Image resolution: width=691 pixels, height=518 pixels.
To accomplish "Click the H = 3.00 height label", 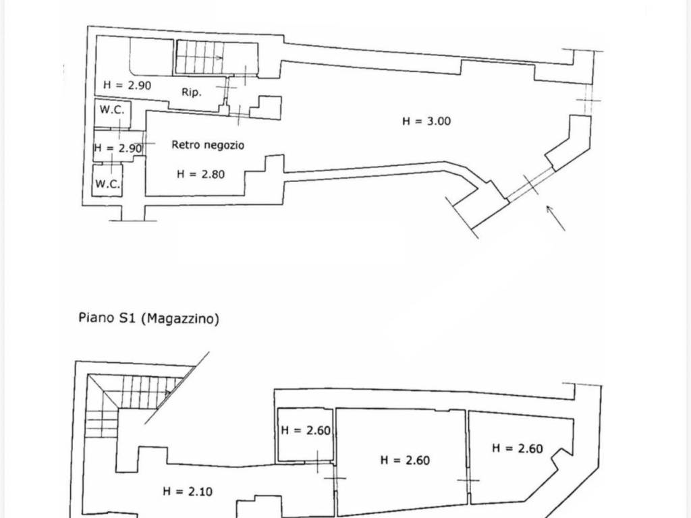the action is coord(426,121).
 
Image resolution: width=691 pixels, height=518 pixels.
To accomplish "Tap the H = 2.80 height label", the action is coord(200,175).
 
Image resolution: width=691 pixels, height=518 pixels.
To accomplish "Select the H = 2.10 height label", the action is coord(188,491).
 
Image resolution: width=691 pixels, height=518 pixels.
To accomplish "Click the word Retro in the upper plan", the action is coord(185,144).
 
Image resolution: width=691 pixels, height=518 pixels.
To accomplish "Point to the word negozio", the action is coord(223,145).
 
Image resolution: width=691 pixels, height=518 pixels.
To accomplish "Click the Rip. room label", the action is coord(191,92).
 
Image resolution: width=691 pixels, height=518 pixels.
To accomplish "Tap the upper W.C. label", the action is coord(112,110).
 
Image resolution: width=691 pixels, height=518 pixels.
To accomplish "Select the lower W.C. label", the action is coord(107,183).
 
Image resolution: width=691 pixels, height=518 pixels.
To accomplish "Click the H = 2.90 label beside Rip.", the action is coord(127,84).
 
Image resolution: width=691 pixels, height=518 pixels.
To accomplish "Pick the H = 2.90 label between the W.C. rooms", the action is coord(118,148).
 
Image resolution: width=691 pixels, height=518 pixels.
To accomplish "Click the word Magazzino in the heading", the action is coord(179,318).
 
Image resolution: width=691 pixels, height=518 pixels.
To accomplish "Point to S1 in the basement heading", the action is coord(127,318).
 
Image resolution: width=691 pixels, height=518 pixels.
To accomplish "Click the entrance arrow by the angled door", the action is coord(556,218).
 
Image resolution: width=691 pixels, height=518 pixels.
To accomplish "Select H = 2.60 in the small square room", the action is coord(306,430).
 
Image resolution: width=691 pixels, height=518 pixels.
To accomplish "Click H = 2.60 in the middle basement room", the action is coord(405,460).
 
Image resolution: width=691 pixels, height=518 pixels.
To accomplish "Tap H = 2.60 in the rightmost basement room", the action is coord(518,449).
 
